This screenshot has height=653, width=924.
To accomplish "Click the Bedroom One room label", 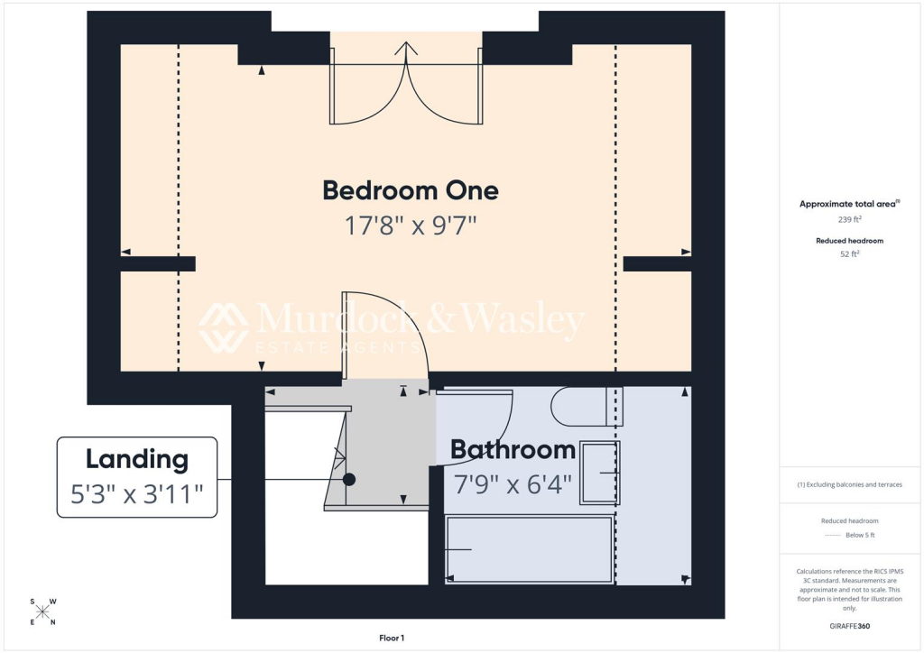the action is pyautogui.click(x=411, y=191).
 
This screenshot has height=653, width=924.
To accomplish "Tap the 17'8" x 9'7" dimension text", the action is pyautogui.click(x=411, y=225).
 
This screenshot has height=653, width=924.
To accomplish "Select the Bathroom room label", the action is pyautogui.click(x=513, y=450).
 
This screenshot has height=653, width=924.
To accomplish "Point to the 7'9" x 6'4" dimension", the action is pyautogui.click(x=513, y=484).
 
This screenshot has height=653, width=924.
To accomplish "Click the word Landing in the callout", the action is pyautogui.click(x=137, y=460).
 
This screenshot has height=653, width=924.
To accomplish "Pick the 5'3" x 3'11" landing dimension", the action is pyautogui.click(x=137, y=494).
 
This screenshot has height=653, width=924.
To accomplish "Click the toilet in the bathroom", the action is pyautogui.click(x=587, y=406).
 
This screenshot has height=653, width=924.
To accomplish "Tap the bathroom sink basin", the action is pyautogui.click(x=600, y=473).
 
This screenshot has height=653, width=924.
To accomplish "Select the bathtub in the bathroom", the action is pyautogui.click(x=529, y=549).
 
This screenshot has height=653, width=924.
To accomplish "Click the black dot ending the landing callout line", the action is pyautogui.click(x=349, y=479).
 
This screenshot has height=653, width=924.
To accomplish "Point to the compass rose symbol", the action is pyautogui.click(x=43, y=612).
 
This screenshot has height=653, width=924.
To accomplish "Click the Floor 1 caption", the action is pyautogui.click(x=392, y=638).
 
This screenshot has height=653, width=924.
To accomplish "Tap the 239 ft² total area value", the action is pyautogui.click(x=850, y=219).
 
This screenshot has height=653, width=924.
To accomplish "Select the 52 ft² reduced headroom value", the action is pyautogui.click(x=850, y=253).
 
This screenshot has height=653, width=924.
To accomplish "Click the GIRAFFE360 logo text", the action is pyautogui.click(x=850, y=626).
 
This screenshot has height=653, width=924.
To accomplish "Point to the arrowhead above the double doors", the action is pyautogui.click(x=407, y=48).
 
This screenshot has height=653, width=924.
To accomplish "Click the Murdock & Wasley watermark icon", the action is pyautogui.click(x=224, y=327).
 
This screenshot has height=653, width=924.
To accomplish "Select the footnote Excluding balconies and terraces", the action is pyautogui.click(x=850, y=484).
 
